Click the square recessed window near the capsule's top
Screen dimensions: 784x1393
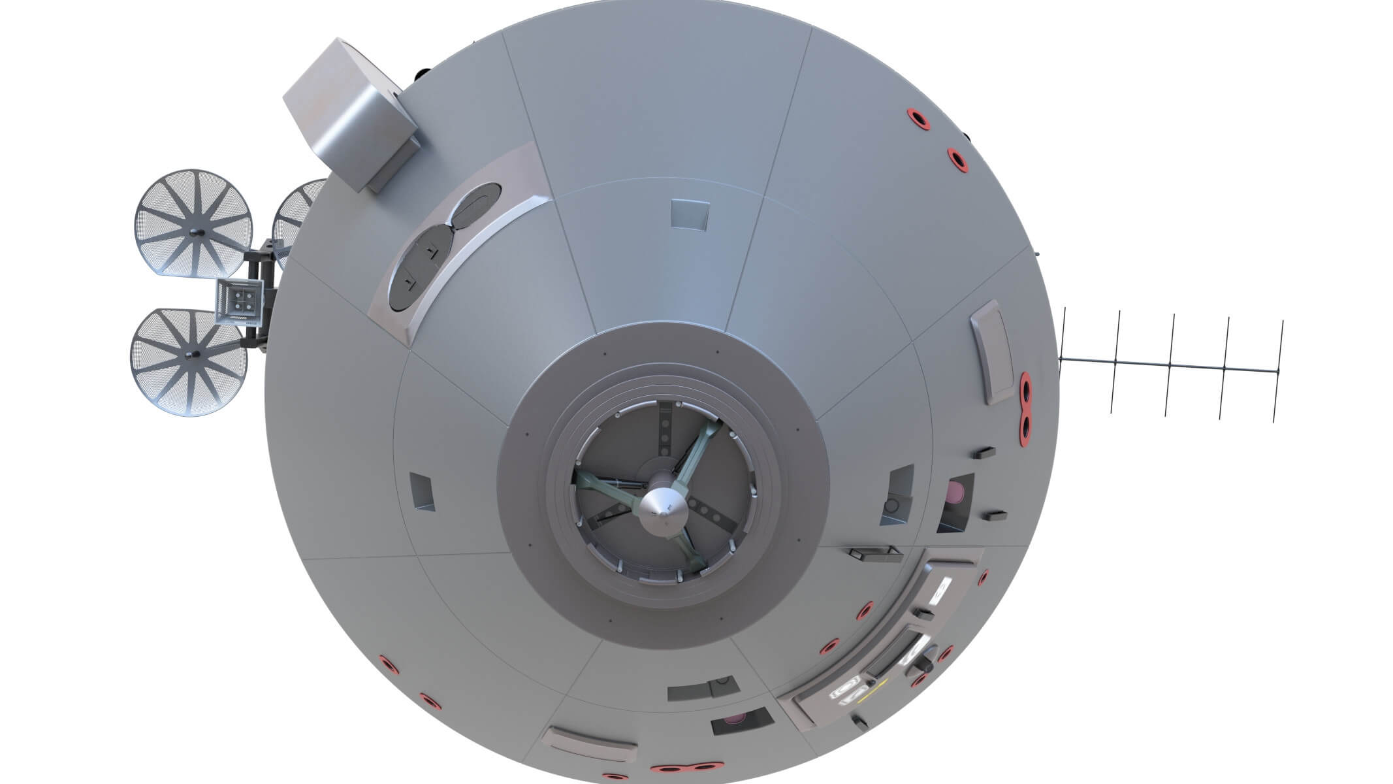pos(690,214)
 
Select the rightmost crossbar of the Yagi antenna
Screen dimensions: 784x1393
pos(1278,371)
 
